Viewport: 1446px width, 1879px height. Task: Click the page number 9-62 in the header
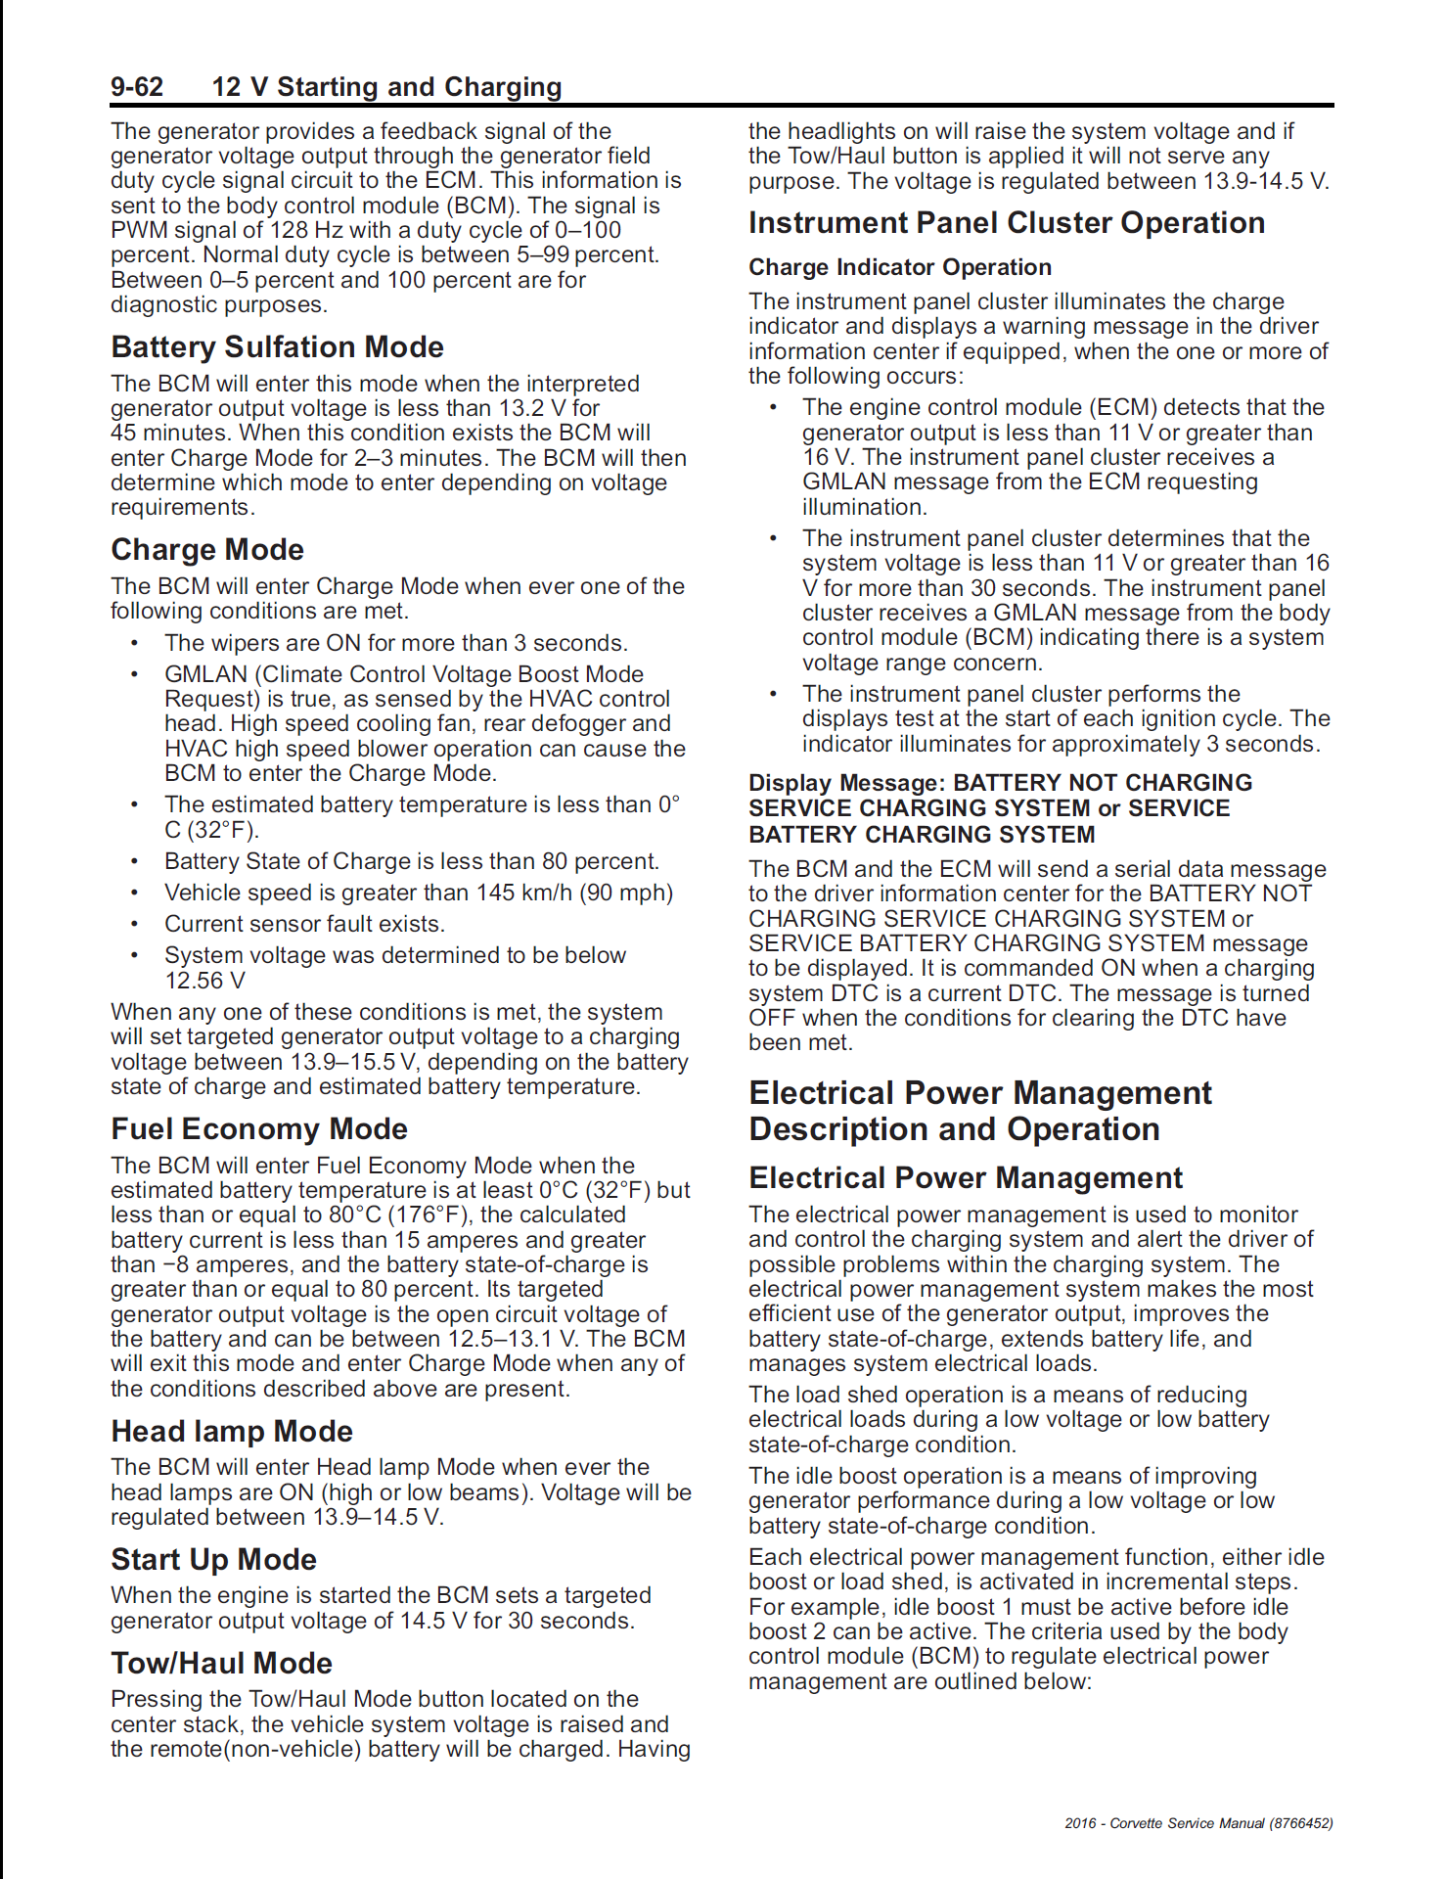click(137, 87)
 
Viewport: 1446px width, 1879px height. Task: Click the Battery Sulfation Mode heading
click(277, 347)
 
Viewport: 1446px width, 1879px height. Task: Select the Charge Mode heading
click(207, 550)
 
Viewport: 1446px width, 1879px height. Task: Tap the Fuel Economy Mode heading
click(258, 1129)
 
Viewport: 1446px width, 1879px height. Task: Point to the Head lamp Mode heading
click(231, 1432)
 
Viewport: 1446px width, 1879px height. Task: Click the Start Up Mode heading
click(213, 1560)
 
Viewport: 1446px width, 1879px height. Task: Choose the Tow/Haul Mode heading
click(221, 1664)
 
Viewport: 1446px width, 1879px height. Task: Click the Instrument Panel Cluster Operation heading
click(1006, 223)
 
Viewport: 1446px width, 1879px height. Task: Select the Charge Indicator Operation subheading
click(899, 267)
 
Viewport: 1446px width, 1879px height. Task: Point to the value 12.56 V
click(204, 981)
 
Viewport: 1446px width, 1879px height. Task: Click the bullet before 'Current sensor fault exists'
click(135, 924)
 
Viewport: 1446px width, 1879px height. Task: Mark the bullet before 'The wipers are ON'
click(135, 643)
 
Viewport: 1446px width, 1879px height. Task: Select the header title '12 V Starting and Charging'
click(386, 87)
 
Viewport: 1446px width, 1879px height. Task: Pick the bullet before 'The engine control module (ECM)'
click(773, 407)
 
